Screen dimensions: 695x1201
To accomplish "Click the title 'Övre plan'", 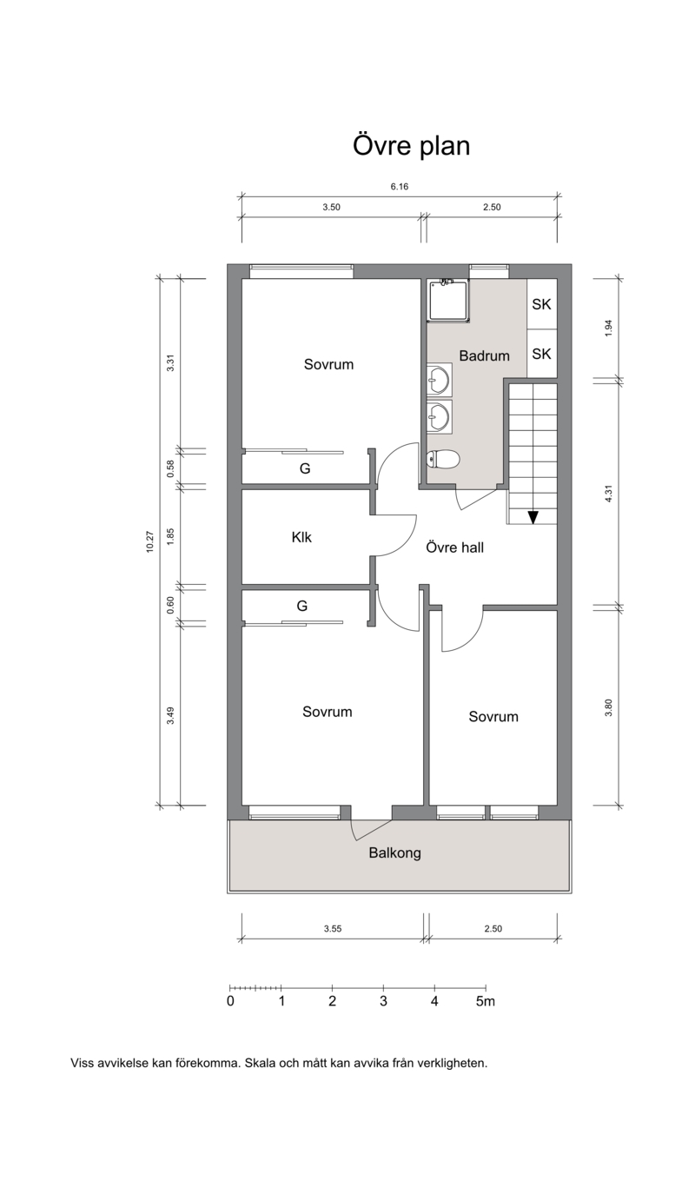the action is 411,146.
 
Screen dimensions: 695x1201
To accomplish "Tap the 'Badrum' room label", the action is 485,355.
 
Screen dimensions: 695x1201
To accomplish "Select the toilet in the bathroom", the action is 443,460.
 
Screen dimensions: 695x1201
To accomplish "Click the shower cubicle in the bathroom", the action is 448,301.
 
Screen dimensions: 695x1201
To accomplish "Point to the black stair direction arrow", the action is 533,517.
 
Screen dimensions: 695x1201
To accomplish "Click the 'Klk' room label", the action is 301,537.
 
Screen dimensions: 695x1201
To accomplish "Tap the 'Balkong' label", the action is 395,853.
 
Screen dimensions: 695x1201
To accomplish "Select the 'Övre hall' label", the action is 455,547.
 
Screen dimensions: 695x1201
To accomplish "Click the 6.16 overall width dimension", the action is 400,187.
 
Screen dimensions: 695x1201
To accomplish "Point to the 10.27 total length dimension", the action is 150,541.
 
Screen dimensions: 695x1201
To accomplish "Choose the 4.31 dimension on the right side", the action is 607,494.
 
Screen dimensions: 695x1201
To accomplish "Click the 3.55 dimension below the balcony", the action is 333,929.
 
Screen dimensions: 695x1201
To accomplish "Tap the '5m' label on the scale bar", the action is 486,1001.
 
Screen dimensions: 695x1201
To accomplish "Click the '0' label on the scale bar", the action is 230,1001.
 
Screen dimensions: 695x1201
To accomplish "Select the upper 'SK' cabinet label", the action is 541,304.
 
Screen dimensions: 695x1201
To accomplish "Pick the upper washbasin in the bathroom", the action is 440,380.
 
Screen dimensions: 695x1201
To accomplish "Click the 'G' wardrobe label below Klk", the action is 302,606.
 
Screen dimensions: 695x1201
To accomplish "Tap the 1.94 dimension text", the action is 607,328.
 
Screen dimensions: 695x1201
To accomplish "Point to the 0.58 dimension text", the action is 170,468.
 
